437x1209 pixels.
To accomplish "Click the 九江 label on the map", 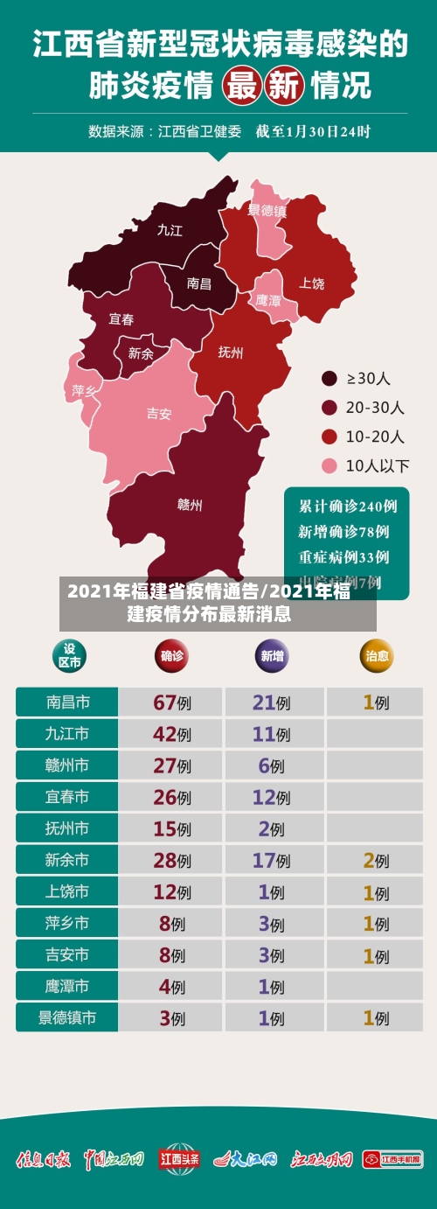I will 170,230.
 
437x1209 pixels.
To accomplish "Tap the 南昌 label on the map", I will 199,283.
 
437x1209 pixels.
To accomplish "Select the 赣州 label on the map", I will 190,505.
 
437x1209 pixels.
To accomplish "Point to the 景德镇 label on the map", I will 267,211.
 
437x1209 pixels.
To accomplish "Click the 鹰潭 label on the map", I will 268,300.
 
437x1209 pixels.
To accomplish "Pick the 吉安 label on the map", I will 159,414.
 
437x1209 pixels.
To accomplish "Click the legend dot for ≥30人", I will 329,379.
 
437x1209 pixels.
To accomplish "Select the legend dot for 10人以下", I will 329,465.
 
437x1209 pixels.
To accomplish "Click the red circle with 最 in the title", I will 243,86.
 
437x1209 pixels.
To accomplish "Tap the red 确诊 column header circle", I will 171,655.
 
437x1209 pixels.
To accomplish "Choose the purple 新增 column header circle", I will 271,655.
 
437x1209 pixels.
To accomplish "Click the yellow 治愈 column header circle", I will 378,655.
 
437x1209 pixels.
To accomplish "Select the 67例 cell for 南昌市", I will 171,702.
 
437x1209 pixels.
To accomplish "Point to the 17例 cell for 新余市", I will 271,860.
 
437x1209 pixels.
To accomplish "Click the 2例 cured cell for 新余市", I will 377,860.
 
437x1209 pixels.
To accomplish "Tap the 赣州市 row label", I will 67,765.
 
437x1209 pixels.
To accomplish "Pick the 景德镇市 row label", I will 67,1017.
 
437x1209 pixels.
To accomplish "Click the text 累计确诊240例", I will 348,506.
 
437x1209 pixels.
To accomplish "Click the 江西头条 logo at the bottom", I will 180,1159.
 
